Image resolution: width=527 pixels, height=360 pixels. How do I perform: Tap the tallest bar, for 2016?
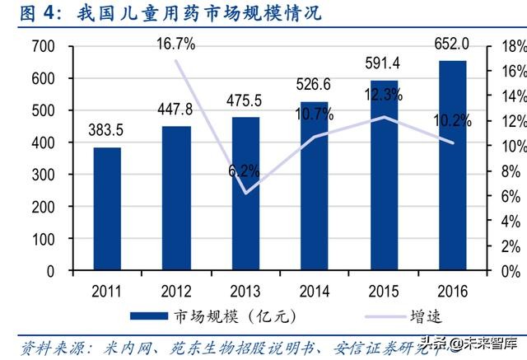pos(452,165)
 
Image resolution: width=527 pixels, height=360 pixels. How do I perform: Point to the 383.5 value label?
pos(107,131)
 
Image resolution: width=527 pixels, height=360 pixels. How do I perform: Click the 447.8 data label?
pos(176,110)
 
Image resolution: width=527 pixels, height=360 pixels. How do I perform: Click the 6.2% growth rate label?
pos(245,171)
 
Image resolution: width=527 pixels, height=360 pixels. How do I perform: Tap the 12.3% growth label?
pos(382,96)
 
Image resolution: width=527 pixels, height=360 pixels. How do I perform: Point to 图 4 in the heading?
pos(33,13)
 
